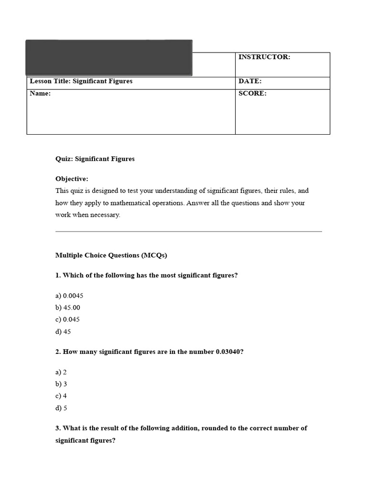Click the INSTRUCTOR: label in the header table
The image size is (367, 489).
[264, 57]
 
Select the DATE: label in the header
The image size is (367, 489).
[249, 82]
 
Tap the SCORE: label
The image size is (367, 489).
[252, 94]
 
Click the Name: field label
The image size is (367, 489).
[40, 94]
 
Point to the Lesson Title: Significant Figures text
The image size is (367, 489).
[81, 81]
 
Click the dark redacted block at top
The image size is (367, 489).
[109, 58]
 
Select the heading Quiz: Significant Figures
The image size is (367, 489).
[95, 159]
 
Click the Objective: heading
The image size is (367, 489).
[72, 179]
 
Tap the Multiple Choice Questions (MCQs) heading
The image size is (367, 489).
[111, 255]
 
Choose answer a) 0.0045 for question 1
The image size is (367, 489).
[69, 296]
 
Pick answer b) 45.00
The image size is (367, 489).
[68, 308]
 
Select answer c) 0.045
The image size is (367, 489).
[67, 319]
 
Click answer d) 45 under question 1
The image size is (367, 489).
[63, 331]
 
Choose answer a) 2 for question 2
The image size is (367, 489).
[61, 372]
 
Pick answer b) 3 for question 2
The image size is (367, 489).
[61, 384]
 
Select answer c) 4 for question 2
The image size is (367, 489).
[61, 396]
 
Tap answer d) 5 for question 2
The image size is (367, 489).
[61, 408]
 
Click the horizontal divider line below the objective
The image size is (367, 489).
[188, 232]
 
